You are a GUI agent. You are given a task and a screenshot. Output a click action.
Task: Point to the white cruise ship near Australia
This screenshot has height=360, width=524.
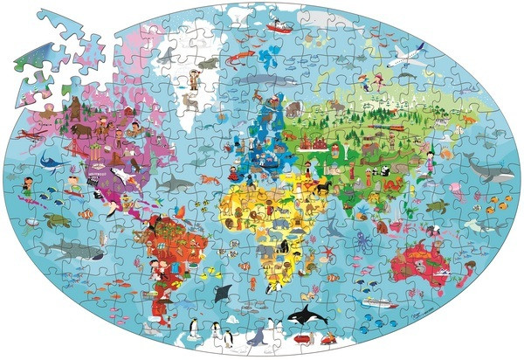point(376,301)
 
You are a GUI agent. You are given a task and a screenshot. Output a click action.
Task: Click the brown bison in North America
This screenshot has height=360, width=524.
point(80,132)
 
